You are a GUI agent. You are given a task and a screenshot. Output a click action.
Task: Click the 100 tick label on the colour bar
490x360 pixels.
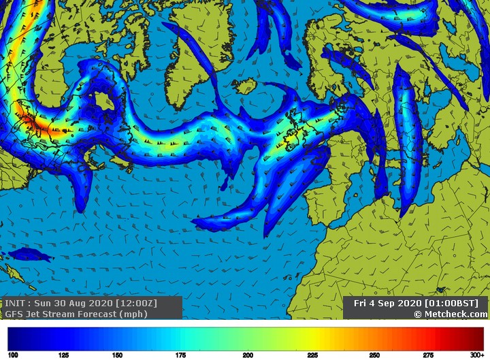[x=12, y=355]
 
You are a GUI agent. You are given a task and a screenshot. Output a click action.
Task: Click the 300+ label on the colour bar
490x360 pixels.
[x=477, y=355]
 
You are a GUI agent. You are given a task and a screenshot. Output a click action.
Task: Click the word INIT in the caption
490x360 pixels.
[x=16, y=303]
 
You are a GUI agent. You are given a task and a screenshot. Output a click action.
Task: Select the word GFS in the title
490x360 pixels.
[x=14, y=314]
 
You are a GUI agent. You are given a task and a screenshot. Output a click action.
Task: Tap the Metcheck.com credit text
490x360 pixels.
[x=454, y=314]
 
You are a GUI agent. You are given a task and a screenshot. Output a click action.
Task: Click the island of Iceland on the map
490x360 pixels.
[x=243, y=86]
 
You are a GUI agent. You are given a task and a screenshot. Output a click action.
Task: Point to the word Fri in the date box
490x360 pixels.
[x=361, y=303]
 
